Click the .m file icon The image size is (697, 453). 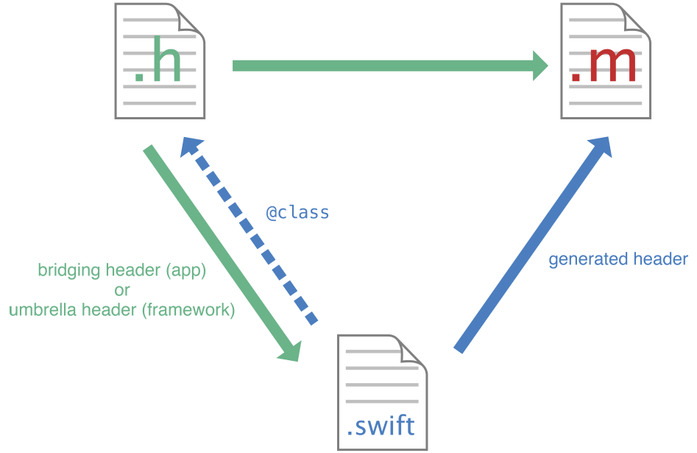(x=606, y=61)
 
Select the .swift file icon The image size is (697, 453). (x=382, y=393)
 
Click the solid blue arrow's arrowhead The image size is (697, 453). (x=601, y=147)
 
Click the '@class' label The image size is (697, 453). (x=297, y=213)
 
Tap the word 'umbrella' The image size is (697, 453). (x=38, y=310)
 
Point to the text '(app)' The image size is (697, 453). (x=187, y=270)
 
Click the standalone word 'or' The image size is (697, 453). (x=121, y=290)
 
